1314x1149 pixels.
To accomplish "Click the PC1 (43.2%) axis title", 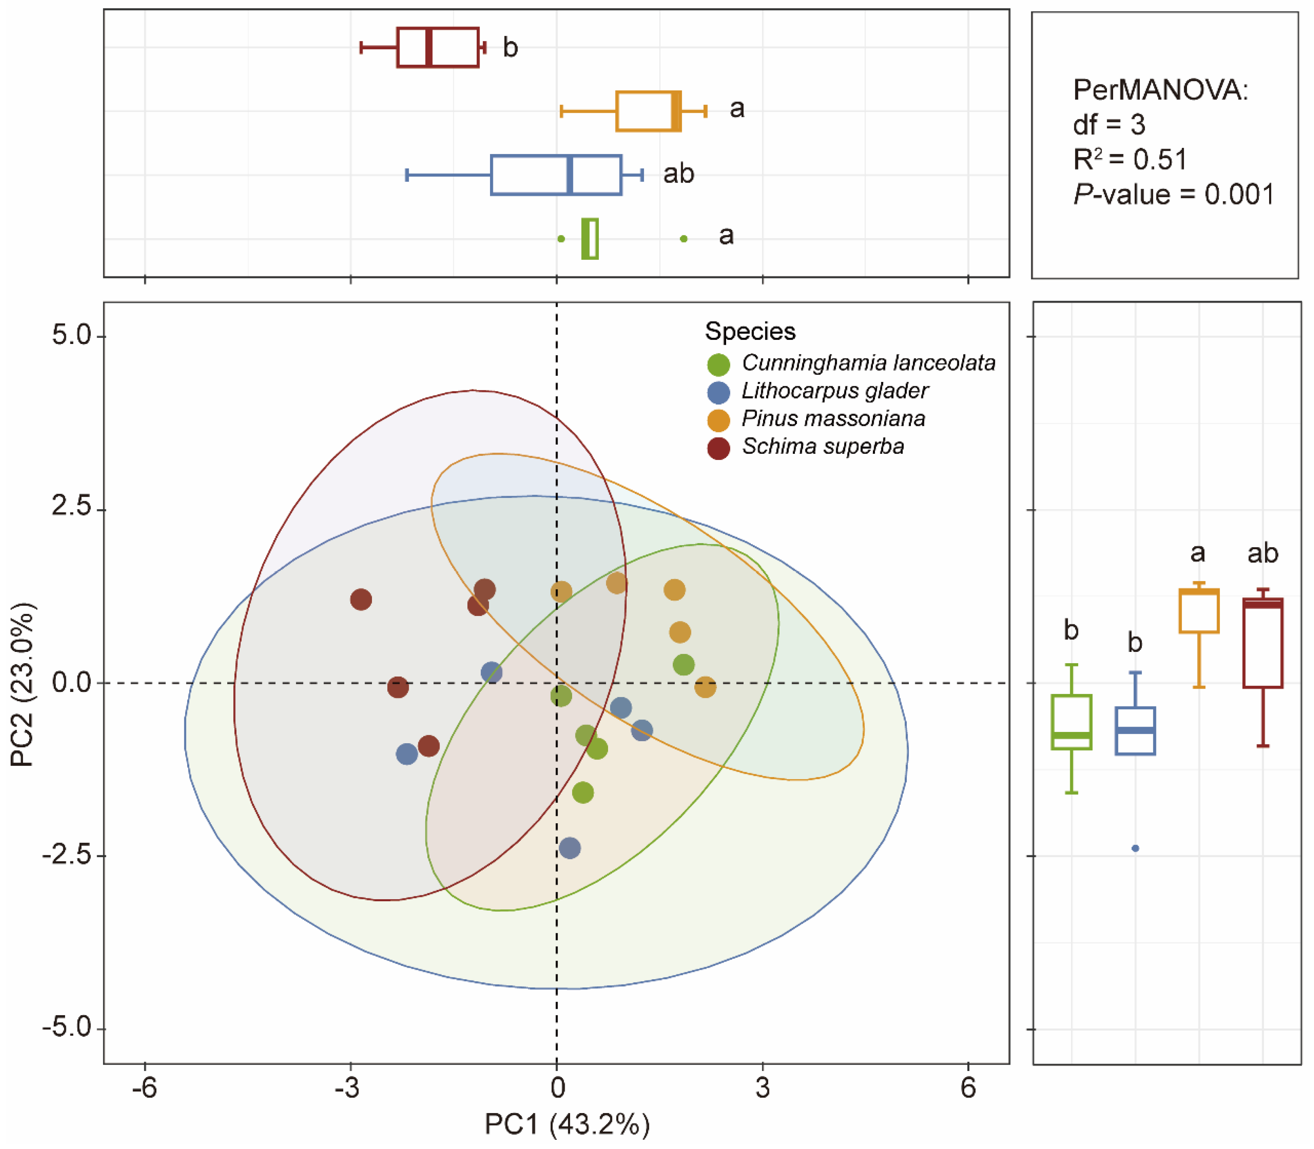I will point(567,1124).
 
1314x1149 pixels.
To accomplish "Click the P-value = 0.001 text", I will point(1174,194).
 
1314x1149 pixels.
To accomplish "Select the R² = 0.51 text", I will point(1130,159).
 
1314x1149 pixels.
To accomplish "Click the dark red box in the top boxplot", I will point(437,47).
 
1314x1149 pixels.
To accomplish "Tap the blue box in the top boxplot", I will point(556,175).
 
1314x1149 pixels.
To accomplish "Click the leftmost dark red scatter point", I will point(361,599).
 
